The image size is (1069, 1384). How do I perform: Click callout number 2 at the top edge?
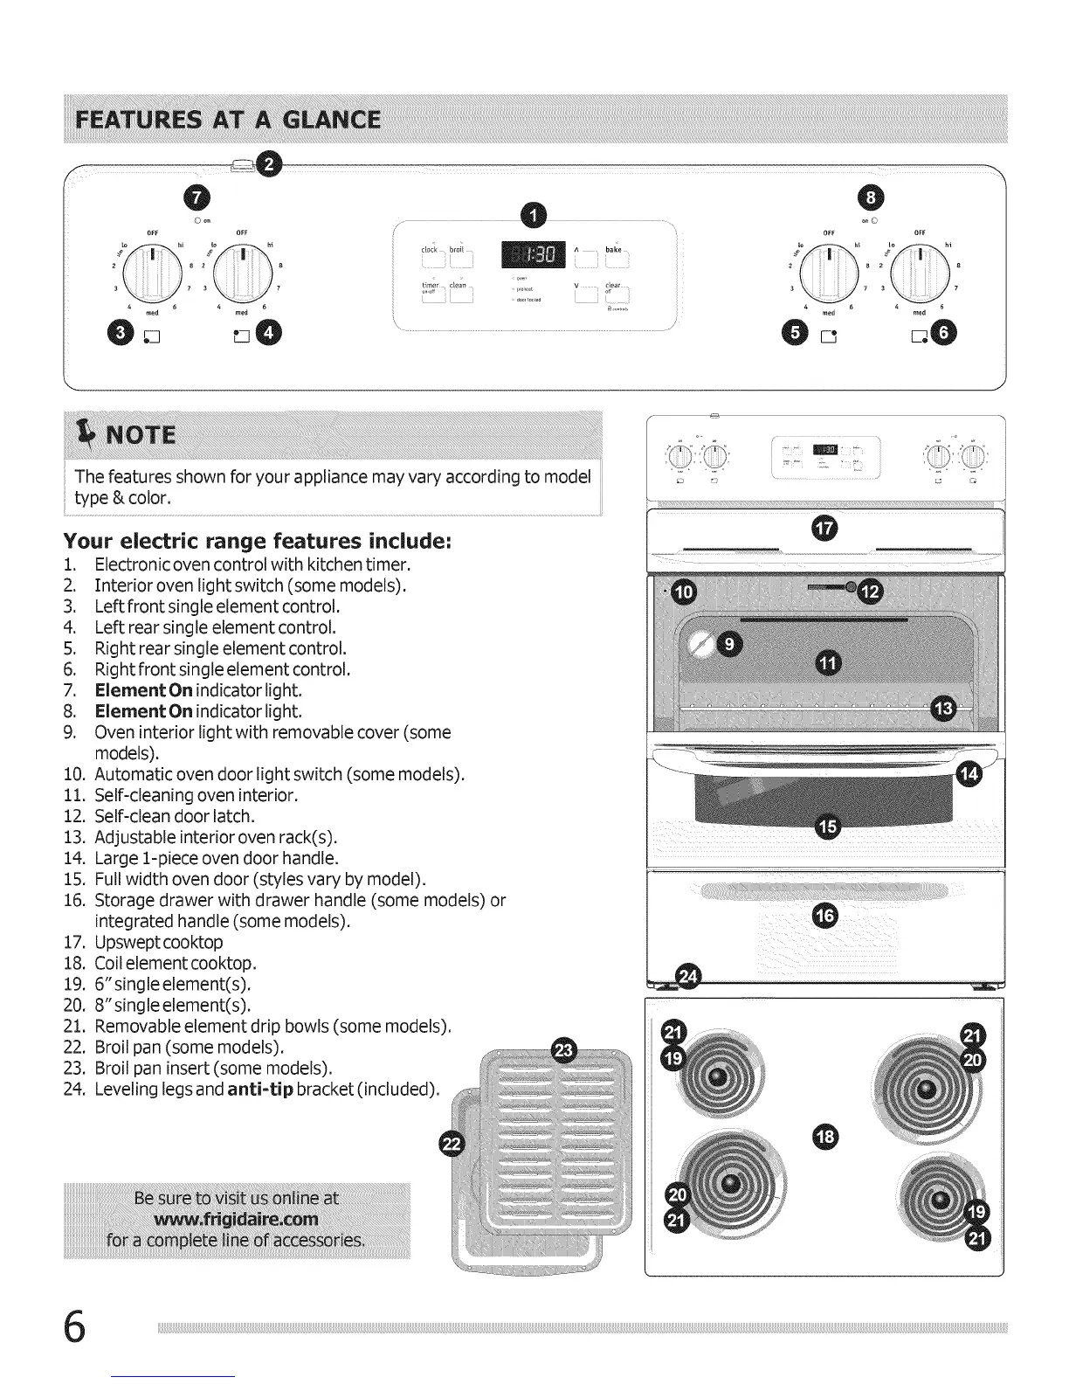pyautogui.click(x=272, y=165)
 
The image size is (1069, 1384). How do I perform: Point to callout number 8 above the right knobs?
pyautogui.click(x=872, y=198)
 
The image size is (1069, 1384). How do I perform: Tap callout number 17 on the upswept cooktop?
pyautogui.click(x=824, y=528)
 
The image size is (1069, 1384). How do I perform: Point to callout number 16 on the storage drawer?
pyautogui.click(x=824, y=915)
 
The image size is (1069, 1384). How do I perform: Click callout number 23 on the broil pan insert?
pyautogui.click(x=565, y=1051)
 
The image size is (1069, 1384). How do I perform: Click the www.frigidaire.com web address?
pyautogui.click(x=236, y=1219)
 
